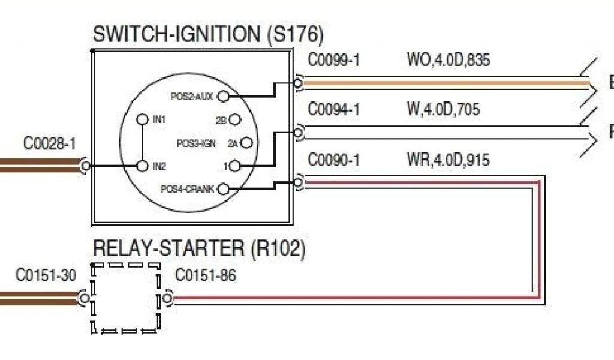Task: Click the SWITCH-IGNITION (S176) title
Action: point(207,35)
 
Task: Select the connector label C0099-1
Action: point(333,61)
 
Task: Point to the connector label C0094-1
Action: point(333,110)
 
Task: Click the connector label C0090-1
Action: point(333,160)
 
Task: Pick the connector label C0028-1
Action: point(50,144)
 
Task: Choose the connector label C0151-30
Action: point(46,275)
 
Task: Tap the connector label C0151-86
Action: point(206,275)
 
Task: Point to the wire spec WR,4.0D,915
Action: point(447,160)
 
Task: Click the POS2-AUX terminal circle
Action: point(223,96)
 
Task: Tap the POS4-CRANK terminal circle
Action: point(223,189)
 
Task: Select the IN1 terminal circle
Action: point(142,119)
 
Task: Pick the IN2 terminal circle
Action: point(142,165)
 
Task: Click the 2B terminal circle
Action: point(235,120)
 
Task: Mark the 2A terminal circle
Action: point(245,143)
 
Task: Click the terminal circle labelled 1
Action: point(235,165)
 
